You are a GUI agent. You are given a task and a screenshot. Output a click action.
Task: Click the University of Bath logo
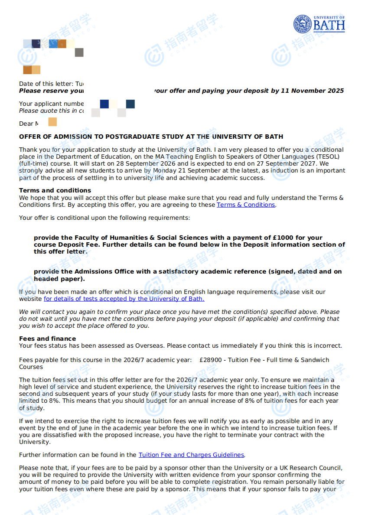click(319, 24)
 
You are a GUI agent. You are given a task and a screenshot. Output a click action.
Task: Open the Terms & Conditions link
click(246, 205)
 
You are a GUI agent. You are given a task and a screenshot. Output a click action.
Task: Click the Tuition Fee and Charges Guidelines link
click(191, 455)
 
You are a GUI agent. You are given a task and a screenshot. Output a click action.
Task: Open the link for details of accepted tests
click(124, 299)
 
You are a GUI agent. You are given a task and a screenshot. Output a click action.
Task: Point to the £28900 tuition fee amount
click(212, 360)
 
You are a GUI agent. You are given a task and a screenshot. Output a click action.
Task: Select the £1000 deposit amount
click(282, 238)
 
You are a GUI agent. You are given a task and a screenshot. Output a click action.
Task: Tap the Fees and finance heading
click(47, 339)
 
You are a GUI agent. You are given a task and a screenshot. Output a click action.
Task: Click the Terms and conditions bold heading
click(55, 190)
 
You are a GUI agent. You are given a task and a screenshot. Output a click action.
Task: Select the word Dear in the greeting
click(26, 124)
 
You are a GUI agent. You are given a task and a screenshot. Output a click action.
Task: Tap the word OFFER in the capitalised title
click(29, 137)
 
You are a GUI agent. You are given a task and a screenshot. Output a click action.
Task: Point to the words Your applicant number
click(51, 104)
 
